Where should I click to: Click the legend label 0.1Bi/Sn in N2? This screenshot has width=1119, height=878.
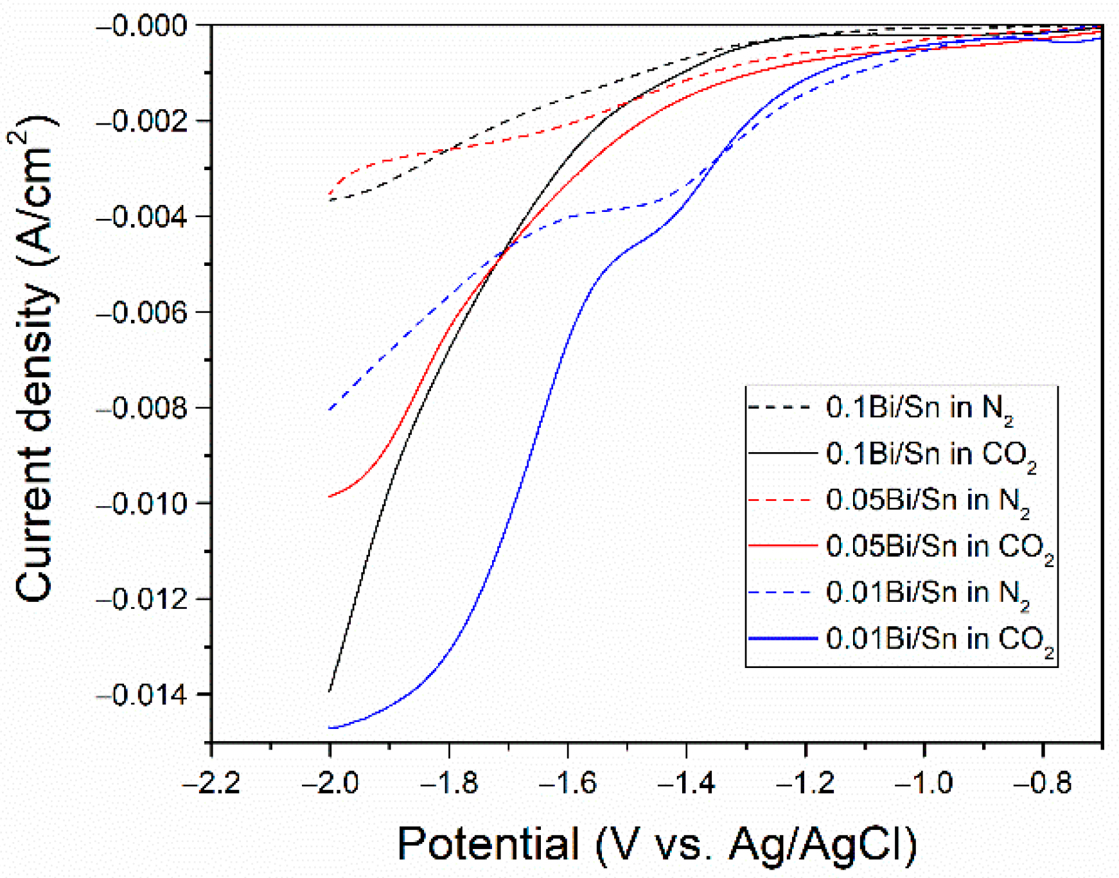919,408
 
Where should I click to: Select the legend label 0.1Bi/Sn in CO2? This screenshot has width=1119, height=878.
930,455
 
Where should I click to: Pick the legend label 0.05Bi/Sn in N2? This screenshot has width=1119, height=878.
927,501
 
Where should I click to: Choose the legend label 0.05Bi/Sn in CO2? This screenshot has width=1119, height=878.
938,547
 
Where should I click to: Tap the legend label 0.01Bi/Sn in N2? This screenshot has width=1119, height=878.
927,593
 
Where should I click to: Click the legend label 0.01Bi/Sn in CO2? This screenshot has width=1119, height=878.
938,640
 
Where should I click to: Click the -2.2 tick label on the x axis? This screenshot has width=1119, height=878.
211,784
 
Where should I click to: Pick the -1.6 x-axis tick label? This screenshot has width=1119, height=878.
568,784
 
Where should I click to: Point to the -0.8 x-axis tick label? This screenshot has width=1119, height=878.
1043,784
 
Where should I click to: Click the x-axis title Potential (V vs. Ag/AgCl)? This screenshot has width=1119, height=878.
656,843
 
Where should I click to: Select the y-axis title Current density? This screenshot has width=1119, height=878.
35,360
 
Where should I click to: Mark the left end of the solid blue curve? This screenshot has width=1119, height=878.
330,728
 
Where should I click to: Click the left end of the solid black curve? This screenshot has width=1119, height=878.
330,691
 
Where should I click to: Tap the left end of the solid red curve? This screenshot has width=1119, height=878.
330,496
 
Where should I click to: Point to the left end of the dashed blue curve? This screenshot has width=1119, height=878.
330,410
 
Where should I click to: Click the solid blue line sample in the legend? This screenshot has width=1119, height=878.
782,638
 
